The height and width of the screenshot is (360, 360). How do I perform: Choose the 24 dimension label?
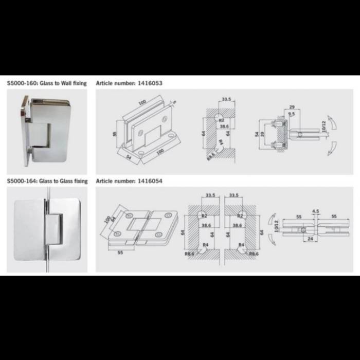[x=310, y=238]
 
